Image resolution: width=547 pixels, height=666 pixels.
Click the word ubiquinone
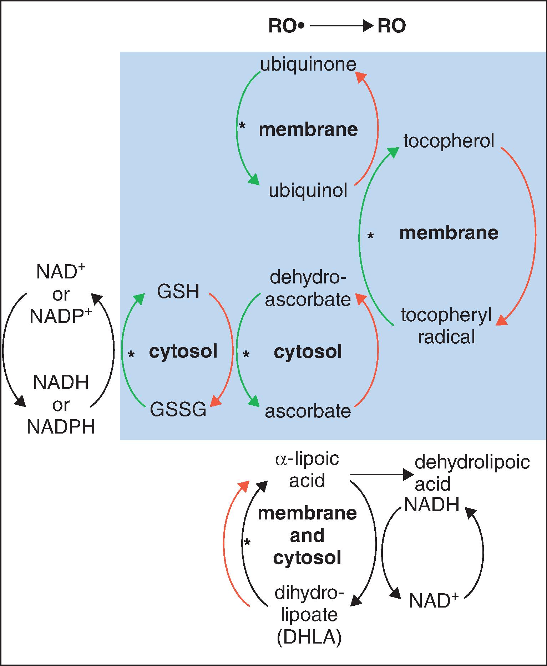pyautogui.click(x=308, y=65)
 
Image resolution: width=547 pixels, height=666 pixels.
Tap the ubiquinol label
pyautogui.click(x=308, y=191)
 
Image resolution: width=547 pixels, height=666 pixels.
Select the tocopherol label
pyautogui.click(x=449, y=141)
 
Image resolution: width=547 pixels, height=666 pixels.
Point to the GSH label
pyautogui.click(x=178, y=292)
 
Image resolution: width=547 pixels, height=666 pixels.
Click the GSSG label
pyautogui.click(x=178, y=409)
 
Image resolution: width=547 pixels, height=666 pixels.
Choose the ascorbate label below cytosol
pyautogui.click(x=308, y=411)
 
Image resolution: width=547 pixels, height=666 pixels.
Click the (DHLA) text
pyautogui.click(x=309, y=637)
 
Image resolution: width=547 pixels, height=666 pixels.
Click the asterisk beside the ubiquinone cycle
pyautogui.click(x=243, y=126)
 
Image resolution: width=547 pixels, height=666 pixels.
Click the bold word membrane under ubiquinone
pyautogui.click(x=308, y=129)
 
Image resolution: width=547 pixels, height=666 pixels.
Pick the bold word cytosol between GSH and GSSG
pyautogui.click(x=183, y=352)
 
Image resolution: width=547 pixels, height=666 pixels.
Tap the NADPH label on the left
pyautogui.click(x=61, y=426)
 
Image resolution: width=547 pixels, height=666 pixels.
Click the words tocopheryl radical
pyautogui.click(x=446, y=326)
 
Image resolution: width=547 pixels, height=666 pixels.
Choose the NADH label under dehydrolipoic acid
pyautogui.click(x=431, y=504)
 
